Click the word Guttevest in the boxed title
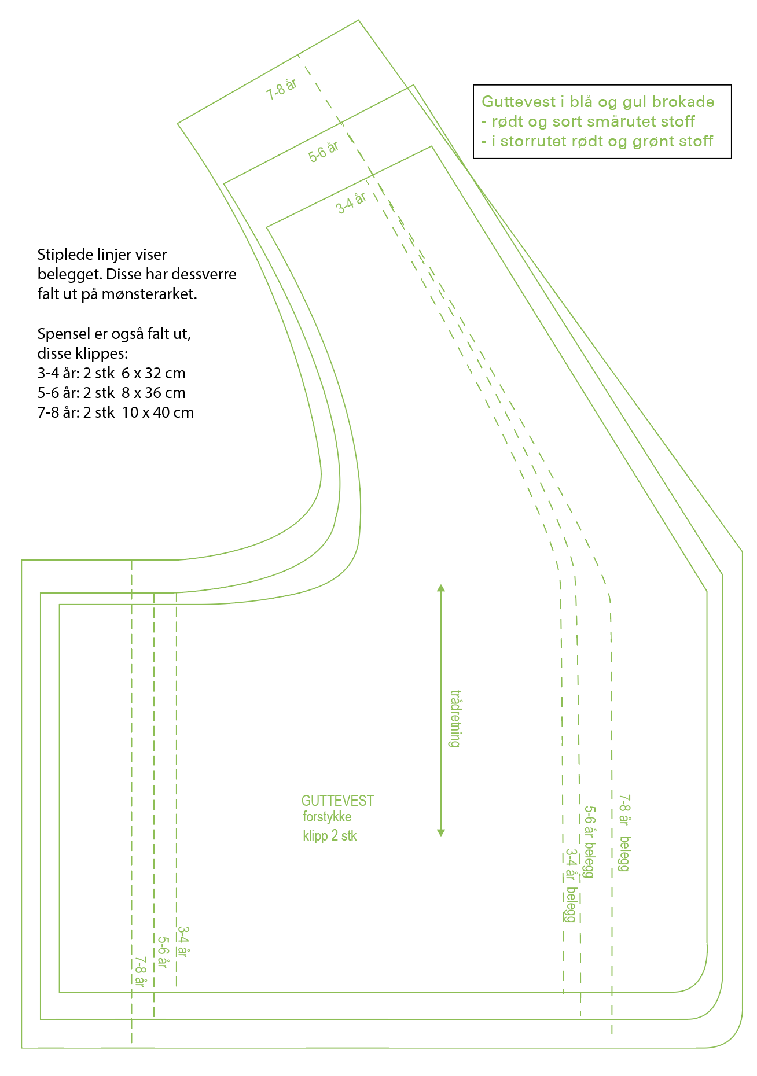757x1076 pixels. (519, 102)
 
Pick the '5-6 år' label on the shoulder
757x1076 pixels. (324, 152)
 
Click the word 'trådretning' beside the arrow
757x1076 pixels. (455, 718)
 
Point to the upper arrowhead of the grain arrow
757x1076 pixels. (441, 588)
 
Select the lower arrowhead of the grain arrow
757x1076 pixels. (441, 832)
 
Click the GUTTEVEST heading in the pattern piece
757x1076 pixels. (337, 801)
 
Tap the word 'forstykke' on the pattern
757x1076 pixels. (327, 817)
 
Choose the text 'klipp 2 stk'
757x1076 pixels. (330, 836)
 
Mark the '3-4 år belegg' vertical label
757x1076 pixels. (571, 885)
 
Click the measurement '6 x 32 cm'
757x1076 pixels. (153, 373)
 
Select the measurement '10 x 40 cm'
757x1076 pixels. (157, 412)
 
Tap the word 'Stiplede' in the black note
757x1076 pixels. (64, 255)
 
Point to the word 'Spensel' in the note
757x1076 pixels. (63, 334)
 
